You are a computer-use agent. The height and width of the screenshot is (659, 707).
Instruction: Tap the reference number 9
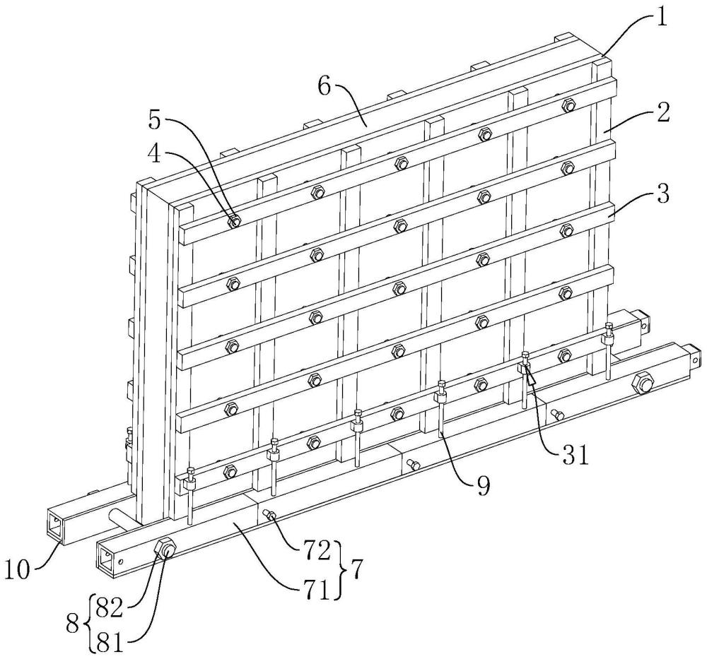[482, 487]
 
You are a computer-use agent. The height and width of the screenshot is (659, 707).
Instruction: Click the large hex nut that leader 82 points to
[165, 547]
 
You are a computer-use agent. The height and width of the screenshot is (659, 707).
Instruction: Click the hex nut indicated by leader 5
[234, 221]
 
